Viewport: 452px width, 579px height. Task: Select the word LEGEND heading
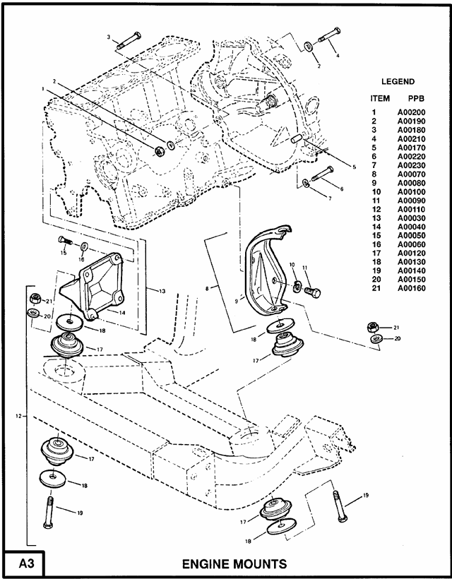398,81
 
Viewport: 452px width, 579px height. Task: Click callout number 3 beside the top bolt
109,36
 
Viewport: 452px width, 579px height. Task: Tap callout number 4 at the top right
337,54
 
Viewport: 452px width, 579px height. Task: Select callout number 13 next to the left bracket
162,290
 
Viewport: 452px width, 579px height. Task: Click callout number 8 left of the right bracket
206,288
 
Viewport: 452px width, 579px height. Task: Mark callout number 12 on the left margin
17,417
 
